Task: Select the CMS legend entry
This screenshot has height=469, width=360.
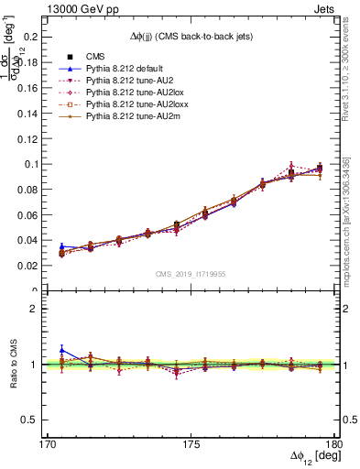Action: coord(95,57)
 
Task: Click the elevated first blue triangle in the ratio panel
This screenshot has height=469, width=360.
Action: coord(61,349)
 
